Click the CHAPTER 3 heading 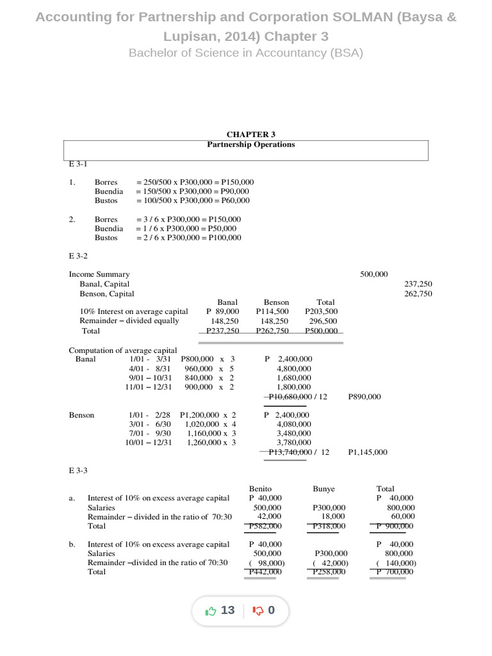[250, 135]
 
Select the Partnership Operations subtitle [250, 144]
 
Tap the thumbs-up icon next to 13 [210, 611]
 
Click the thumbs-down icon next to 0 [259, 611]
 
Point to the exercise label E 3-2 [78, 255]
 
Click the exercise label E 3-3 [78, 470]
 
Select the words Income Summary [99, 274]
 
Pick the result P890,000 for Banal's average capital [364, 397]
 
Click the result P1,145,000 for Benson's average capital [367, 452]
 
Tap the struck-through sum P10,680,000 [289, 397]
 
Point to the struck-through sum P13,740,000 [289, 452]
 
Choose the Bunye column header [324, 489]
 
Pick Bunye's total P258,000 [329, 572]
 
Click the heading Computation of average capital [123, 350]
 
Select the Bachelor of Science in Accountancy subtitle [246, 53]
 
